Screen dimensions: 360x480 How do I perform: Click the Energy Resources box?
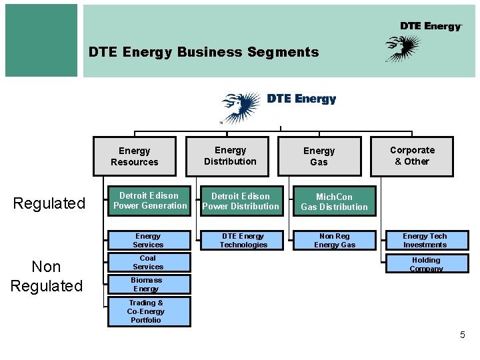click(134, 157)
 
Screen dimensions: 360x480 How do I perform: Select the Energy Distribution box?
click(230, 156)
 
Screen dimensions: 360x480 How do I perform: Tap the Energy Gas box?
click(319, 157)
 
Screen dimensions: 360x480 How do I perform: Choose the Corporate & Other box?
click(411, 156)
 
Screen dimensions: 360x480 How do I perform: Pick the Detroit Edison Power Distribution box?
click(241, 201)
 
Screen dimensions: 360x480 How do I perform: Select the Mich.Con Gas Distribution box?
click(334, 201)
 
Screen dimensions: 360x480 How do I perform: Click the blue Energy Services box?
click(148, 240)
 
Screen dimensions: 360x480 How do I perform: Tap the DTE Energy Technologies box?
click(243, 240)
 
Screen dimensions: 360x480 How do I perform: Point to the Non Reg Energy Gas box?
click(335, 240)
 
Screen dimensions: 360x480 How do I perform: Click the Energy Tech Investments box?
click(425, 240)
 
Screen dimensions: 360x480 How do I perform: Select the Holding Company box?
click(425, 263)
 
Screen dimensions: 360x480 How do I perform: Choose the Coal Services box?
click(148, 262)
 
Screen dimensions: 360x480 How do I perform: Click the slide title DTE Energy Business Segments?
click(204, 52)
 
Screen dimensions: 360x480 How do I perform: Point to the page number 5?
click(463, 335)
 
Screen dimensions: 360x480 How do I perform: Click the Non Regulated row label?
click(47, 276)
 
